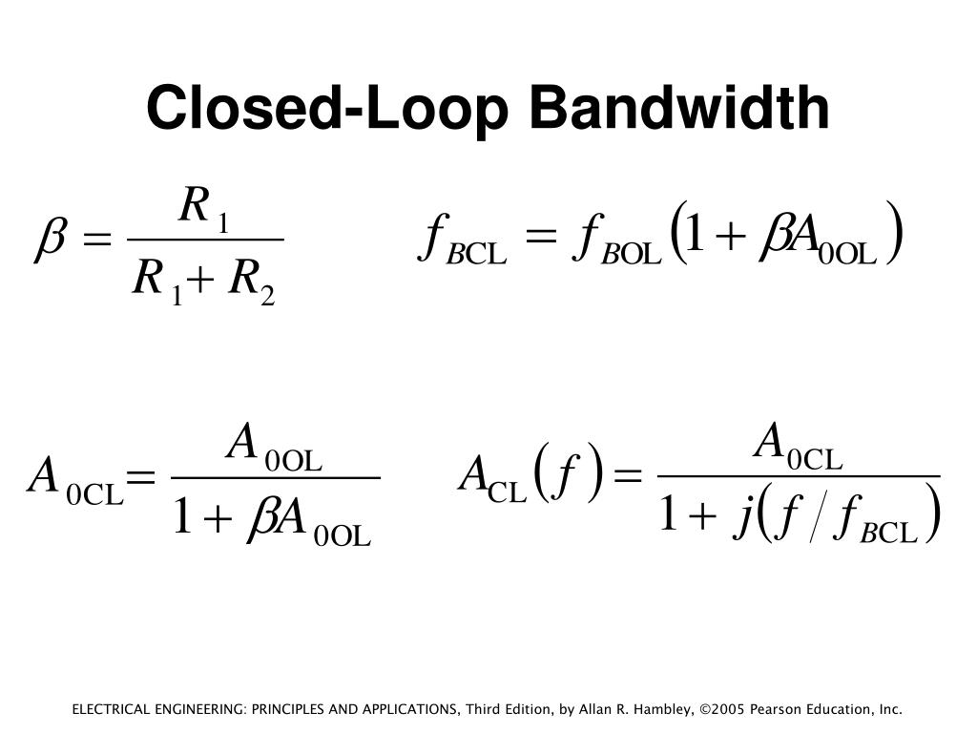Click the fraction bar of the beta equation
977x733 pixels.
click(x=204, y=240)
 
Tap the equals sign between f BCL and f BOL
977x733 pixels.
click(x=539, y=238)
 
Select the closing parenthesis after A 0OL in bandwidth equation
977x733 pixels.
click(x=894, y=234)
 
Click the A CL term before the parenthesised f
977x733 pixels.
click(x=491, y=477)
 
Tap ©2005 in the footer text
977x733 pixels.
click(x=722, y=709)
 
